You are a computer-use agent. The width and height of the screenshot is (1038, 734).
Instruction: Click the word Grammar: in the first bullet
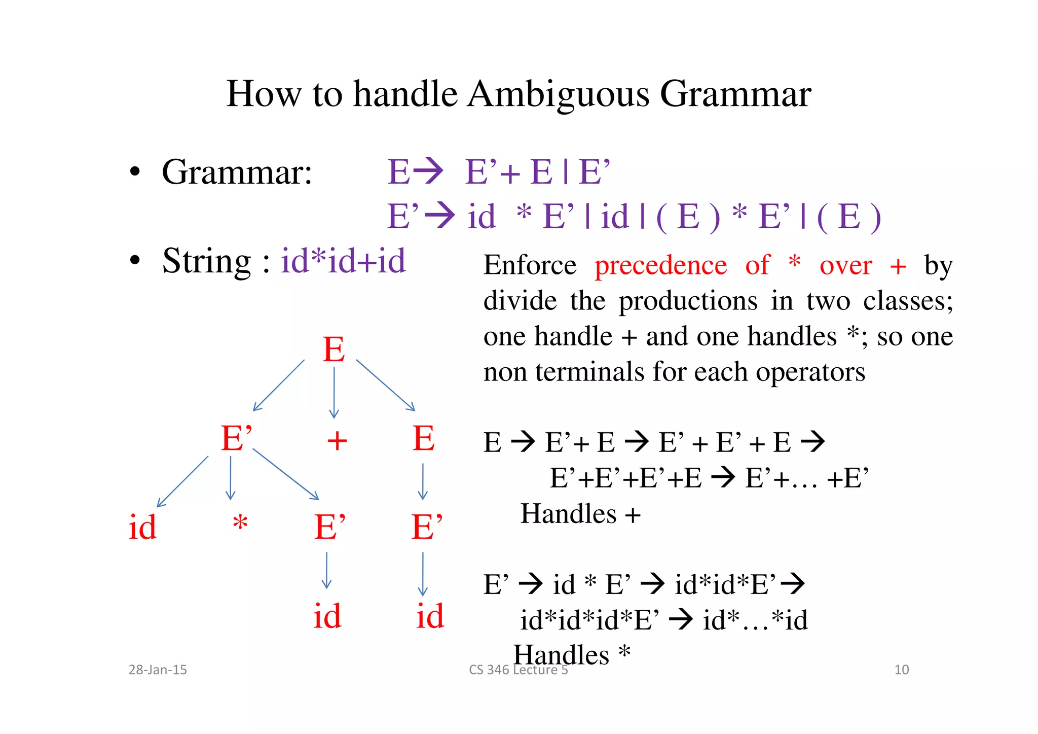click(237, 172)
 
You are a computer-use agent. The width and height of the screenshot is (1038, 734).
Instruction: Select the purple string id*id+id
click(343, 261)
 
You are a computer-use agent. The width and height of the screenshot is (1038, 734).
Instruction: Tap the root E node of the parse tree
click(333, 349)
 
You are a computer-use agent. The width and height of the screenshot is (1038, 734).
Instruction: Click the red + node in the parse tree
click(337, 441)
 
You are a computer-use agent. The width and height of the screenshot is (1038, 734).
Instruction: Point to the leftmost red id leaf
click(142, 528)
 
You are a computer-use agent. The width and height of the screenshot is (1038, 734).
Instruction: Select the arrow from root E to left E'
click(278, 386)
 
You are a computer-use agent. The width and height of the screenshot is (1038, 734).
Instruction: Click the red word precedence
click(660, 265)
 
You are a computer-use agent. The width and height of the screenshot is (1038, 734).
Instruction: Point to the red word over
click(845, 265)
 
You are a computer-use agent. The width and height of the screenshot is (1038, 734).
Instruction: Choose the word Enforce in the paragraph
click(530, 265)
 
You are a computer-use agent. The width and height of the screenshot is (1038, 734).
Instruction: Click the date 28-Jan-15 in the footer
click(158, 670)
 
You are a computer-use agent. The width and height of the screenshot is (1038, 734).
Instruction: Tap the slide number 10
click(901, 670)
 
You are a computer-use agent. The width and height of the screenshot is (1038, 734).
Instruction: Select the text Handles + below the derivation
click(580, 514)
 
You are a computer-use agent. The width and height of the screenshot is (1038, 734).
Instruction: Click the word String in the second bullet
click(206, 261)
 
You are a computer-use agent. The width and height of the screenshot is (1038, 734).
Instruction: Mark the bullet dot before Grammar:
click(134, 172)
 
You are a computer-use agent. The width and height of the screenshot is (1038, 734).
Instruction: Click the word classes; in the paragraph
click(908, 301)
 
